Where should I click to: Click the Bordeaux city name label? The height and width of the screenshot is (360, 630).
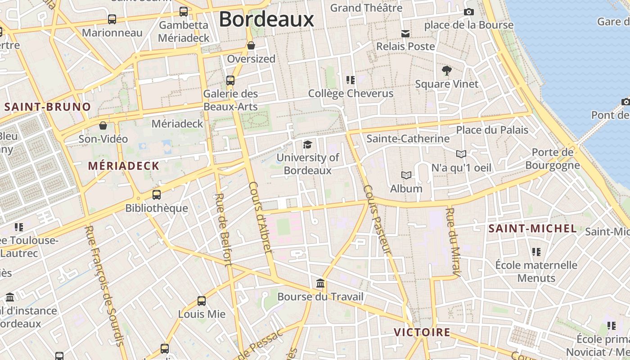(x=266, y=19)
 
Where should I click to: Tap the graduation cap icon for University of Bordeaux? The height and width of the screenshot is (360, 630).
(x=307, y=144)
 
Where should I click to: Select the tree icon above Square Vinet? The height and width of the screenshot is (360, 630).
(x=446, y=71)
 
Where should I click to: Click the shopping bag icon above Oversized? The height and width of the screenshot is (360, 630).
(x=251, y=45)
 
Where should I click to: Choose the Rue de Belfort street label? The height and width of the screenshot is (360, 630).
(x=224, y=229)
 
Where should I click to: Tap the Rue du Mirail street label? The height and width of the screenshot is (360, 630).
(x=454, y=241)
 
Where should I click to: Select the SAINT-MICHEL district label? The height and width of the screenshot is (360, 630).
(x=532, y=229)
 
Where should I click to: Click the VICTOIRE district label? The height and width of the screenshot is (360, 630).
(x=422, y=333)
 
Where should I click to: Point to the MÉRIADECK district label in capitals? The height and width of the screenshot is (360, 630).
(x=124, y=166)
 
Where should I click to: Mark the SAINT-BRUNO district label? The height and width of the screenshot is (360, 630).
(x=48, y=107)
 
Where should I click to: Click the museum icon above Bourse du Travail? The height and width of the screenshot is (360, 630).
(x=320, y=283)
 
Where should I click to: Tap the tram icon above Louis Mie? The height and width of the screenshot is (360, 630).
(x=202, y=301)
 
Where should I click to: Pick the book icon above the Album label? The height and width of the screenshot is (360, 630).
(x=406, y=175)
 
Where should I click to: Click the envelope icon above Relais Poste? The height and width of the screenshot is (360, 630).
(x=405, y=33)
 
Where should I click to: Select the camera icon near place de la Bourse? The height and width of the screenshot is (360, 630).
(x=468, y=12)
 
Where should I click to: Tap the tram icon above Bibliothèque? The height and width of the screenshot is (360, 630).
(x=156, y=195)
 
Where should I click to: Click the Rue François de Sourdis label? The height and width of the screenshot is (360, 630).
(x=104, y=285)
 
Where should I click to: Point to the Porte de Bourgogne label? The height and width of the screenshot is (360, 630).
(x=553, y=159)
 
